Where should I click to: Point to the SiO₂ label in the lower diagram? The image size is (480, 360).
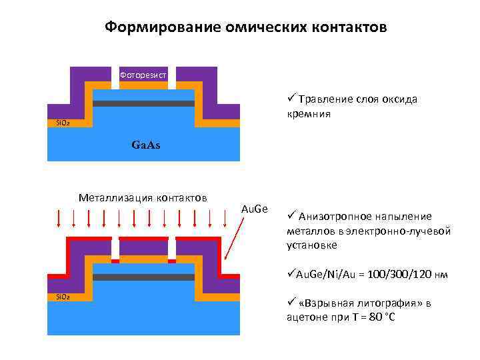pyautogui.click(x=58, y=296)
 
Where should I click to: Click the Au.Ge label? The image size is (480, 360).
pyautogui.click(x=253, y=209)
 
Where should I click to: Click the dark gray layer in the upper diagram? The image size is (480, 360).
pyautogui.click(x=143, y=104)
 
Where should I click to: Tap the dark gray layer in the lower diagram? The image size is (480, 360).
pyautogui.click(x=143, y=277)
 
